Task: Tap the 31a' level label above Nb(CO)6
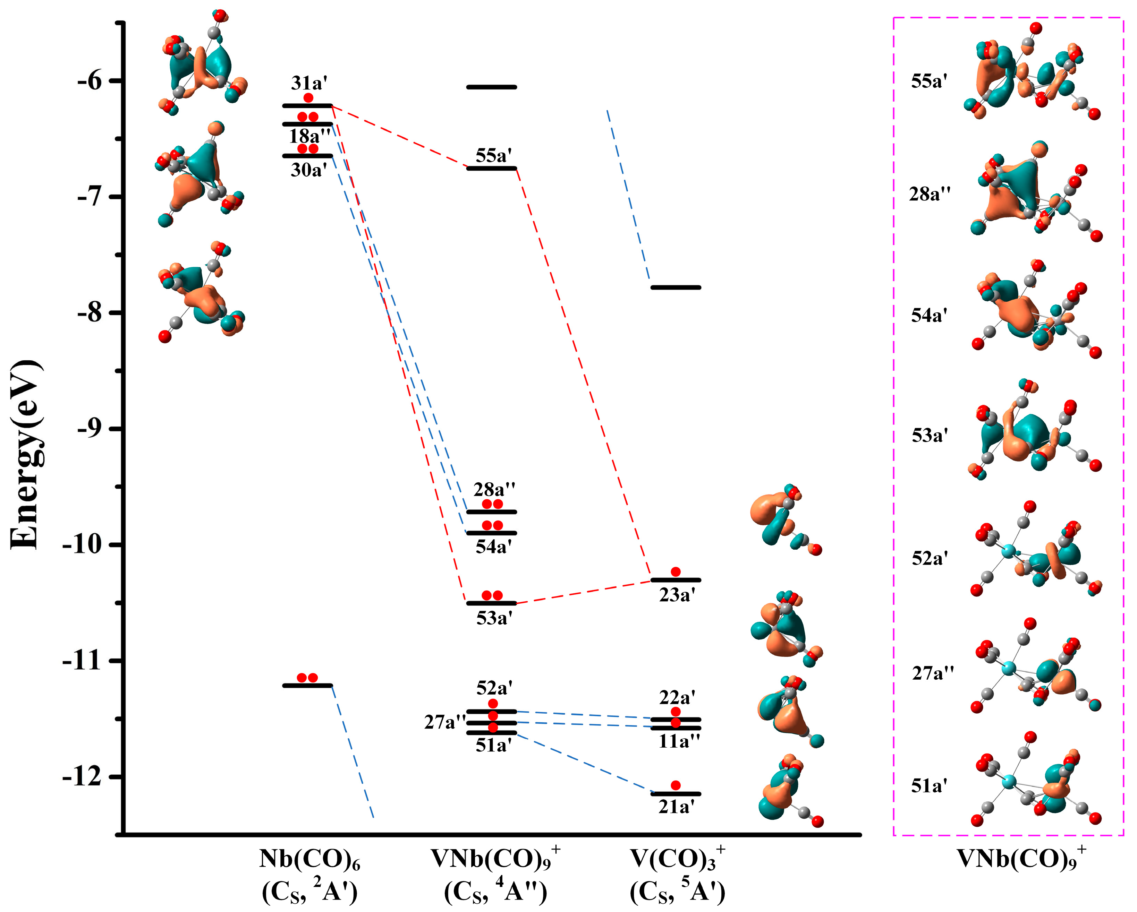point(309,83)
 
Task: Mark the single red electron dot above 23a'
point(676,571)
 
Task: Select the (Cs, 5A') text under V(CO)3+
point(677,892)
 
